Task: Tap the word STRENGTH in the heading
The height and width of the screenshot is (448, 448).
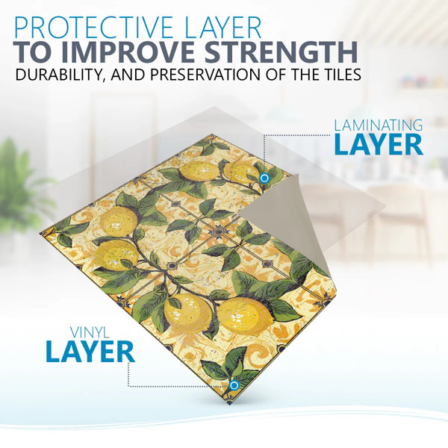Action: point(281,52)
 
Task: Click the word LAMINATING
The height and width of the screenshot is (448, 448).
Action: point(379,125)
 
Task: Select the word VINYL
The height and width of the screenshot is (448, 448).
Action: point(90,333)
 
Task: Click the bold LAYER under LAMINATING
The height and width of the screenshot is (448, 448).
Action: point(379,145)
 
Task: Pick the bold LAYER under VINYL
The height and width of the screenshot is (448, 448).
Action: point(90,352)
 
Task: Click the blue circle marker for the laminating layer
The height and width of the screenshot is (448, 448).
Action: point(264,178)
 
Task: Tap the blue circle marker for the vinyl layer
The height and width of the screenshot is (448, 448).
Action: point(234,385)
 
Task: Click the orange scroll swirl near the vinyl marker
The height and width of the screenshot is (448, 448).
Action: point(258,354)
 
